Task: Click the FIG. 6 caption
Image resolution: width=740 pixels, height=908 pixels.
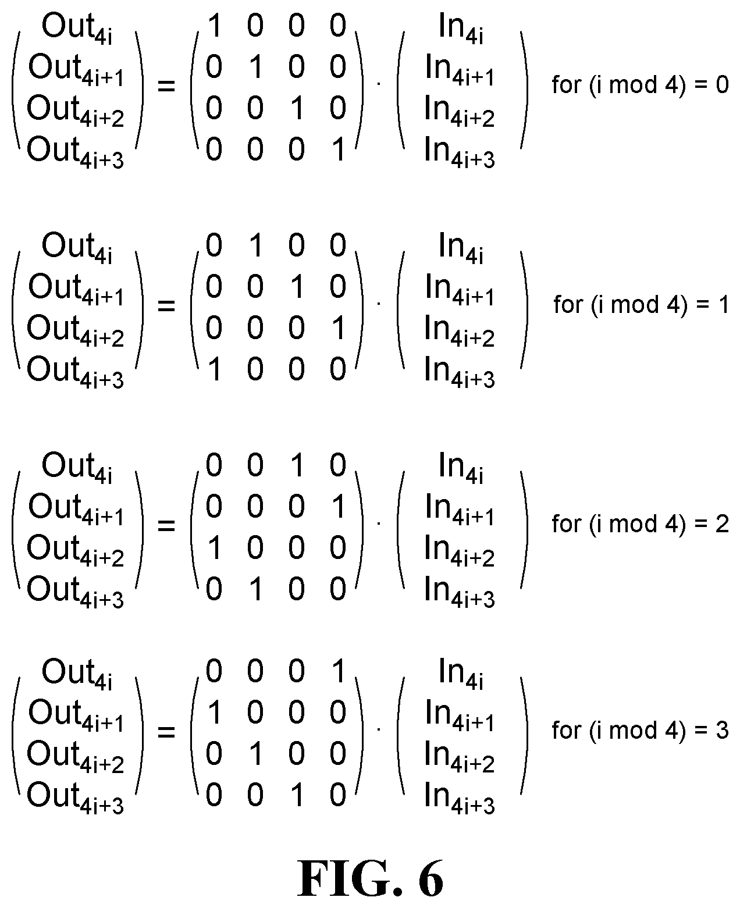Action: [x=370, y=879]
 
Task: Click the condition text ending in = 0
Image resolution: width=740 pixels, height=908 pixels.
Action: [x=641, y=84]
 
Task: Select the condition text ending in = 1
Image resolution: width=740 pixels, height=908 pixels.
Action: [x=641, y=304]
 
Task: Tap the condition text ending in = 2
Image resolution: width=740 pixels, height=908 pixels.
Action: [x=641, y=524]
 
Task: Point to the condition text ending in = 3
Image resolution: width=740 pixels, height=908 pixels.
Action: [x=641, y=730]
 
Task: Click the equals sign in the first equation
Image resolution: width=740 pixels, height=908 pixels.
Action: [x=166, y=86]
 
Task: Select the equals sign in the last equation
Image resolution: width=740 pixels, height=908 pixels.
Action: [x=166, y=732]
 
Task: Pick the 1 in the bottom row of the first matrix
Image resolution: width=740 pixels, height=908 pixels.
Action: [x=339, y=149]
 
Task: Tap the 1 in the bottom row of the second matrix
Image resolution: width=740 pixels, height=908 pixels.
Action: [x=215, y=369]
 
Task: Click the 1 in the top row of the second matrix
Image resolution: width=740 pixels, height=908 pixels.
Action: [x=255, y=245]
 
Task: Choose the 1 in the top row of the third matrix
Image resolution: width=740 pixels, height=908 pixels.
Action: [x=297, y=465]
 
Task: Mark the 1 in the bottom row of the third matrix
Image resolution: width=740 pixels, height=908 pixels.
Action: [x=255, y=589]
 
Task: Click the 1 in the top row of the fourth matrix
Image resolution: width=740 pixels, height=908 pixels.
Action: [x=339, y=671]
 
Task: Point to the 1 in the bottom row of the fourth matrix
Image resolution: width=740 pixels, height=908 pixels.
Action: [x=297, y=796]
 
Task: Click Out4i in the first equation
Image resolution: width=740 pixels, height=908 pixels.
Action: [x=77, y=28]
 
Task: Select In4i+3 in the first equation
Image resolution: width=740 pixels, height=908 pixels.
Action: [x=460, y=152]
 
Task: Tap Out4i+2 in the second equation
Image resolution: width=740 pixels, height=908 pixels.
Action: [x=76, y=331]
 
